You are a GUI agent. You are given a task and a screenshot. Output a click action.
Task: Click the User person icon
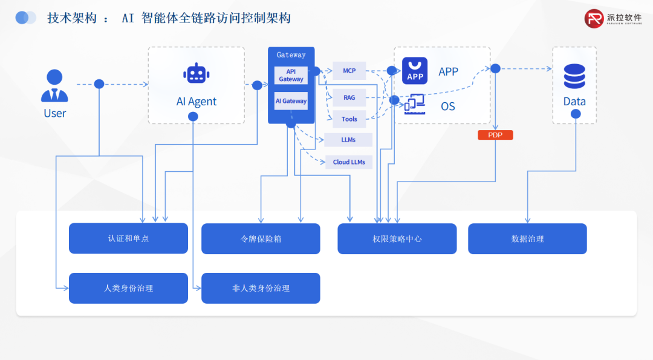54,86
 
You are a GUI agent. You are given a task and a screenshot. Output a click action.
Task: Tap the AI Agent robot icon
196,73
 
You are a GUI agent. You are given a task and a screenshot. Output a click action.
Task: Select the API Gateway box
291,75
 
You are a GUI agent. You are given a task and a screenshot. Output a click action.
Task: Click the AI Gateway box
291,101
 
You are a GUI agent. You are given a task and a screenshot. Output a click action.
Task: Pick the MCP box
349,71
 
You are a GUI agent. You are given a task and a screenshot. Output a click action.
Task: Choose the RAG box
349,97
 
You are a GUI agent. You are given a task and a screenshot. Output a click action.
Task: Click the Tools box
349,119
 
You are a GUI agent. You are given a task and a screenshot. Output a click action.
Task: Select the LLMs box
348,140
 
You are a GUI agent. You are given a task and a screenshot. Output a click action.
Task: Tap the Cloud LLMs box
349,162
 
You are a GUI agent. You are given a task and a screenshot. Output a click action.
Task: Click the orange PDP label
495,135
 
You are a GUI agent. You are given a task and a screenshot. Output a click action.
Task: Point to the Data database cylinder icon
574,76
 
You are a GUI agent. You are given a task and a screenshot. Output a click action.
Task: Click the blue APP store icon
415,71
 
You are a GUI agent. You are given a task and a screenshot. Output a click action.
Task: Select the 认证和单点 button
128,238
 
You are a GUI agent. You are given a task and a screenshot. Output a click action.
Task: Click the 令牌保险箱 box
261,238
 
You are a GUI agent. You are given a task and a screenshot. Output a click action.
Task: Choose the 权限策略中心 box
397,238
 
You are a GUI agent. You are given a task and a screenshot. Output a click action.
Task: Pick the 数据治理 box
527,238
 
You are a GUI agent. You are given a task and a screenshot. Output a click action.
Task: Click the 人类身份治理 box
128,288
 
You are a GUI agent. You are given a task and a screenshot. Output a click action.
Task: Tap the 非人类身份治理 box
261,288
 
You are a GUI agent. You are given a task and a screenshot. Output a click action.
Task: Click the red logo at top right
594,18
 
